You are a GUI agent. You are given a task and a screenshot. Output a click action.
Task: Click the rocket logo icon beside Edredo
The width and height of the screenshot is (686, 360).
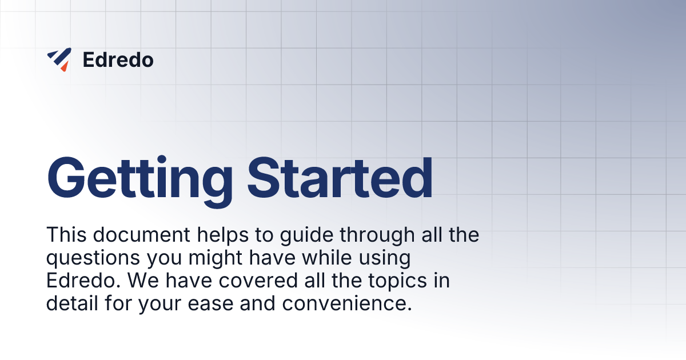(x=59, y=59)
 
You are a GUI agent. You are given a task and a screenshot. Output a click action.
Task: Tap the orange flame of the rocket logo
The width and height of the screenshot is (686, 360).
(x=64, y=66)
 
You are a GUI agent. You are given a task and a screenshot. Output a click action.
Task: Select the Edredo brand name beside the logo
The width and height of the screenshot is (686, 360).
(x=118, y=59)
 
